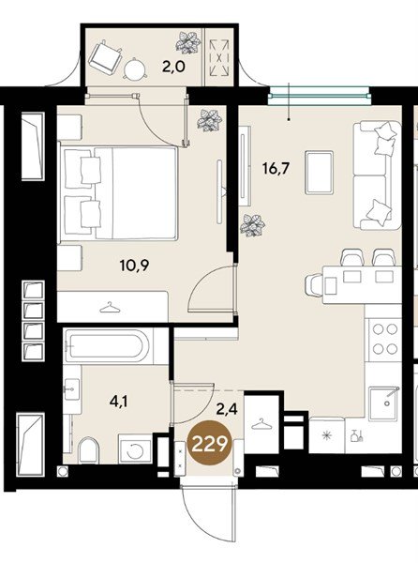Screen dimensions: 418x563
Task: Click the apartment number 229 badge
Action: (x=211, y=445)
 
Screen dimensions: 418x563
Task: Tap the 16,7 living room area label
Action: (x=276, y=168)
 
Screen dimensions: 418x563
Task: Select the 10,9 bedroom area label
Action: (x=135, y=266)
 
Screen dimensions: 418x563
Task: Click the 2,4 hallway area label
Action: (x=227, y=408)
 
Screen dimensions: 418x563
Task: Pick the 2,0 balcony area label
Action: (x=173, y=67)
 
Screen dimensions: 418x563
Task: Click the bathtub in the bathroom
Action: (x=108, y=345)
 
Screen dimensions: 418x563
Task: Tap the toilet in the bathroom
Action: (x=88, y=450)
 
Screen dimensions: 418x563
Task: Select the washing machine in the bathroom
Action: (x=136, y=449)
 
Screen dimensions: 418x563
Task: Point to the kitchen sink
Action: (x=385, y=403)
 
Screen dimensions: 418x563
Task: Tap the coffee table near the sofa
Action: (x=320, y=173)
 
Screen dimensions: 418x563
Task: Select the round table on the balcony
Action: (x=136, y=68)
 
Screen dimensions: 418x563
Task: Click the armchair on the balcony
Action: (x=104, y=58)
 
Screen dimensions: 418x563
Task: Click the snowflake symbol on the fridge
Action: (x=326, y=435)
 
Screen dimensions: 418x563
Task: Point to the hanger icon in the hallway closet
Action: (x=261, y=424)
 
